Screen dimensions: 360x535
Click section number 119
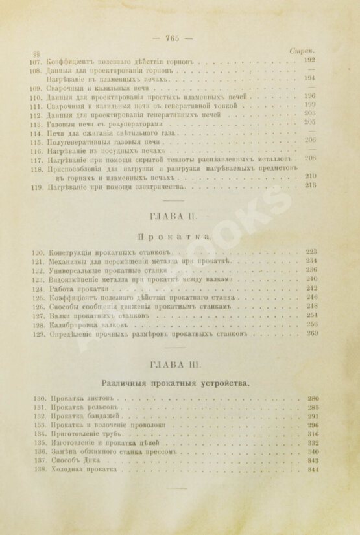(35, 187)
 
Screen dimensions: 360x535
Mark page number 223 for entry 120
(312, 250)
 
